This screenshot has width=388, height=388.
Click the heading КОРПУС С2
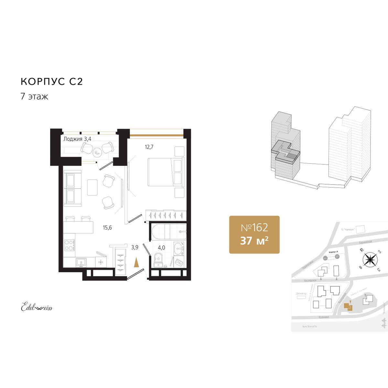tap(52, 81)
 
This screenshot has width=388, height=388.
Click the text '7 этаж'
tap(34, 96)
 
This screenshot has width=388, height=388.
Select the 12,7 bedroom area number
tap(149, 147)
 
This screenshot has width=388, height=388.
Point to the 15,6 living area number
tap(107, 228)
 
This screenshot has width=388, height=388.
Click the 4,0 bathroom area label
tap(161, 248)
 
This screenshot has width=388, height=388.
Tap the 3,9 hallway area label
tap(135, 247)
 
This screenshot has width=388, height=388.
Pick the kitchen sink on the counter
tap(81, 262)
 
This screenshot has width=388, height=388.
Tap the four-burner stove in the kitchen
tap(69, 245)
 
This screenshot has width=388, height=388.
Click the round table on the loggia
tap(97, 152)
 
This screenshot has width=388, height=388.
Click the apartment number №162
tap(254, 228)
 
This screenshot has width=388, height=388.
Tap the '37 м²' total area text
tap(254, 241)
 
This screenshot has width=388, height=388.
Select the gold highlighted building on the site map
tap(348, 306)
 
